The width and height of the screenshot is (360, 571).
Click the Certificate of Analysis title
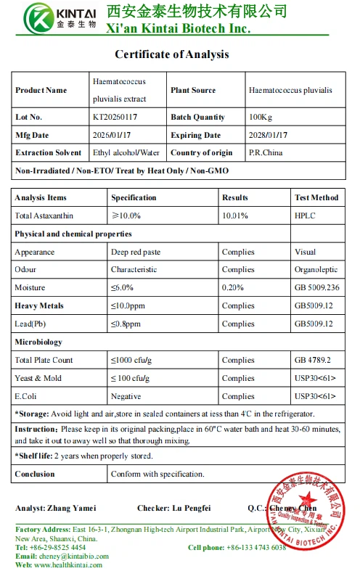point(172,54)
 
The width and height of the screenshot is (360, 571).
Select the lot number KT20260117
point(115,117)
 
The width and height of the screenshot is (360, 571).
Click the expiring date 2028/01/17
point(268,135)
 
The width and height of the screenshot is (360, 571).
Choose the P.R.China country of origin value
point(266,153)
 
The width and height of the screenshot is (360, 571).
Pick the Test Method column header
point(316,197)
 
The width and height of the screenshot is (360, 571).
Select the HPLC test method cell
point(305,215)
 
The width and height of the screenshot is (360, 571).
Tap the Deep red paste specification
point(136,252)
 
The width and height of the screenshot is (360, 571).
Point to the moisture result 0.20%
point(233,288)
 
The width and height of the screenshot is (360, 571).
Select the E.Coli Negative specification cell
point(126,396)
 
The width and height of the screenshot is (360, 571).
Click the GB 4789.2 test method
point(313,360)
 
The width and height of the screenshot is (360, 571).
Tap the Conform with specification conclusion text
point(157,474)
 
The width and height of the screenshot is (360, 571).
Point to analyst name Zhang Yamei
point(56,508)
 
